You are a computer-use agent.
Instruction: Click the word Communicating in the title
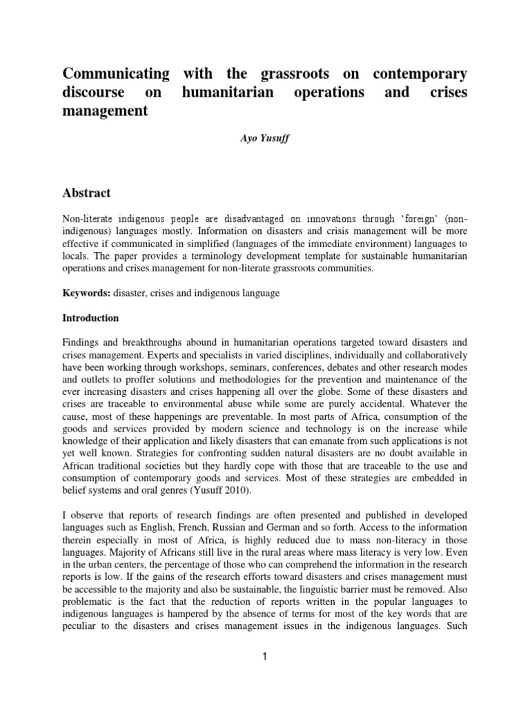tap(116, 73)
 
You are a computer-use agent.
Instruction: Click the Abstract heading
tap(87, 193)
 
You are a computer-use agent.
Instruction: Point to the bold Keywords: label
tap(86, 293)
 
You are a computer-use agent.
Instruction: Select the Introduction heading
tap(91, 318)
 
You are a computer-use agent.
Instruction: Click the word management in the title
tap(106, 110)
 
